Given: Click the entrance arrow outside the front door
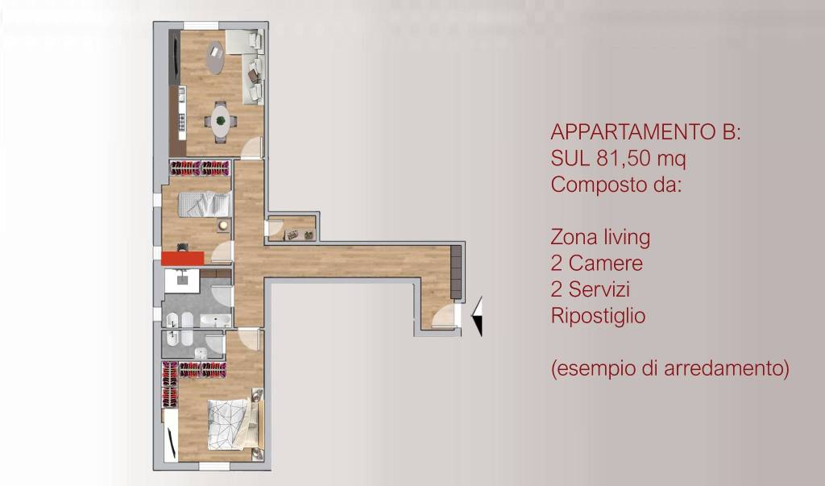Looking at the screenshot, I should point(477,315).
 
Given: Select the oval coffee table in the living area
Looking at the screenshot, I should point(216,58).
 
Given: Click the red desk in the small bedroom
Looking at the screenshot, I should point(182,258).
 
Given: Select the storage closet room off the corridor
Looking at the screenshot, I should point(292,228).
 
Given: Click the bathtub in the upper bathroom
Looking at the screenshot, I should point(216,322).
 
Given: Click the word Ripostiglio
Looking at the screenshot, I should point(598,316).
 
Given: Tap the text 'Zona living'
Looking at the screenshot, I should point(600,238).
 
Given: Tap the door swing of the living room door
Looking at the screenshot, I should point(252,147).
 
